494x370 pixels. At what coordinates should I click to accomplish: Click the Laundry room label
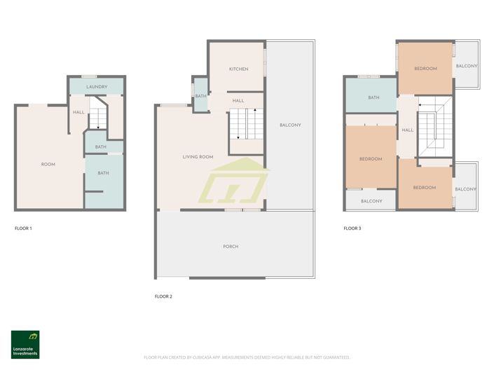[x=97, y=87]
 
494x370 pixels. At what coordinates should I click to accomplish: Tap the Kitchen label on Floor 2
[x=239, y=69]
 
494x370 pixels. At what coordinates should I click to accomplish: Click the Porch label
[x=231, y=247]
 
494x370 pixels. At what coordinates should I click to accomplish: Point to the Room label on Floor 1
[x=48, y=164]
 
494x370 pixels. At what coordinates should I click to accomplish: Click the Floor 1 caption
[x=24, y=228]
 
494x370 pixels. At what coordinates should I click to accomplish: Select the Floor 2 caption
[x=163, y=296]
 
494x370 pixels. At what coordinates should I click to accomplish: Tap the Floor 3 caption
[x=352, y=228]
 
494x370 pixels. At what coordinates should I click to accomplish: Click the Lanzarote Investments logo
[x=25, y=343]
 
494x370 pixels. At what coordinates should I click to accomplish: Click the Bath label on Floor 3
[x=373, y=97]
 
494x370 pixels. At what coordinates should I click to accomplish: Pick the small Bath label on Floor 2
[x=200, y=96]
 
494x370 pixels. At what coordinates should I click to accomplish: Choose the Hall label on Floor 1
[x=78, y=112]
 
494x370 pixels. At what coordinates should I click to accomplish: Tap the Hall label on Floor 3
[x=407, y=130]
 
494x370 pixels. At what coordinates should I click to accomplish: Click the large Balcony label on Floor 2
[x=290, y=125]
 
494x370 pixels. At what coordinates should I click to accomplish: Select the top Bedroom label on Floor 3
[x=425, y=68]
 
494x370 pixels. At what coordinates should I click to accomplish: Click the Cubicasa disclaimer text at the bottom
[x=247, y=357]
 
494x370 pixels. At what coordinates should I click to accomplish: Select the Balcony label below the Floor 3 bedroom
[x=371, y=201]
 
